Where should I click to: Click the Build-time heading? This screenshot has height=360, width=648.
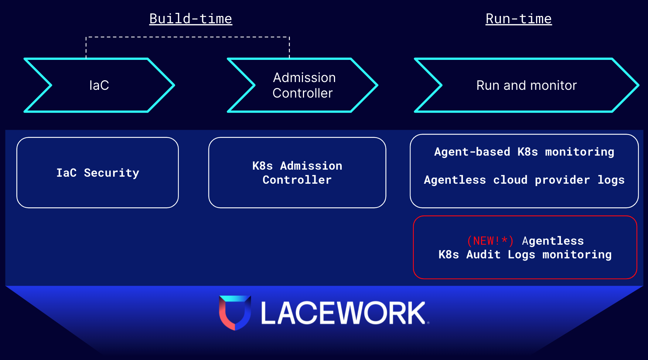click(191, 18)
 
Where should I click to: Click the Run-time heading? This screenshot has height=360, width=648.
click(518, 18)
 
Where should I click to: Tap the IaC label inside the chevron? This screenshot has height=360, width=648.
click(99, 85)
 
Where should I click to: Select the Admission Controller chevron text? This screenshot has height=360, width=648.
click(303, 85)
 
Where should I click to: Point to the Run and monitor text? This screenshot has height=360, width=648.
click(526, 85)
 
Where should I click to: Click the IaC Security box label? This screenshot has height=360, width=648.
click(98, 173)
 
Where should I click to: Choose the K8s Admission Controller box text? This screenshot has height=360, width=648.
click(297, 173)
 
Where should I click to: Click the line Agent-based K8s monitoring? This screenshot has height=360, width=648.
click(524, 152)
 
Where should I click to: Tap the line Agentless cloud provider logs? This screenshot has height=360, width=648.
click(524, 180)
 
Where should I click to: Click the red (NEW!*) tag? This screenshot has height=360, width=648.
click(490, 241)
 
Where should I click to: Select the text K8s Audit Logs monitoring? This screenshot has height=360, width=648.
click(525, 255)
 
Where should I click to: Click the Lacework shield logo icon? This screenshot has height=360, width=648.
click(235, 312)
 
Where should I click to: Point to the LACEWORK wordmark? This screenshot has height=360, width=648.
click(344, 313)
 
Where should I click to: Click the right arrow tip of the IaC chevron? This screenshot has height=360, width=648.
click(173, 85)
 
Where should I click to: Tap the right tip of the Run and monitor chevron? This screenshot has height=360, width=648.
click(637, 85)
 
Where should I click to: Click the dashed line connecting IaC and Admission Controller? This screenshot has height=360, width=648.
click(188, 37)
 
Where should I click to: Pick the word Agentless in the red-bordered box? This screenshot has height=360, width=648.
click(553, 241)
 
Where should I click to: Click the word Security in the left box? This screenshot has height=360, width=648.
click(112, 173)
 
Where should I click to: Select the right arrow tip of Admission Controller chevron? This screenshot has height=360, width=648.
click(376, 85)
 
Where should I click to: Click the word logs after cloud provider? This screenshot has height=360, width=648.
click(611, 180)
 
